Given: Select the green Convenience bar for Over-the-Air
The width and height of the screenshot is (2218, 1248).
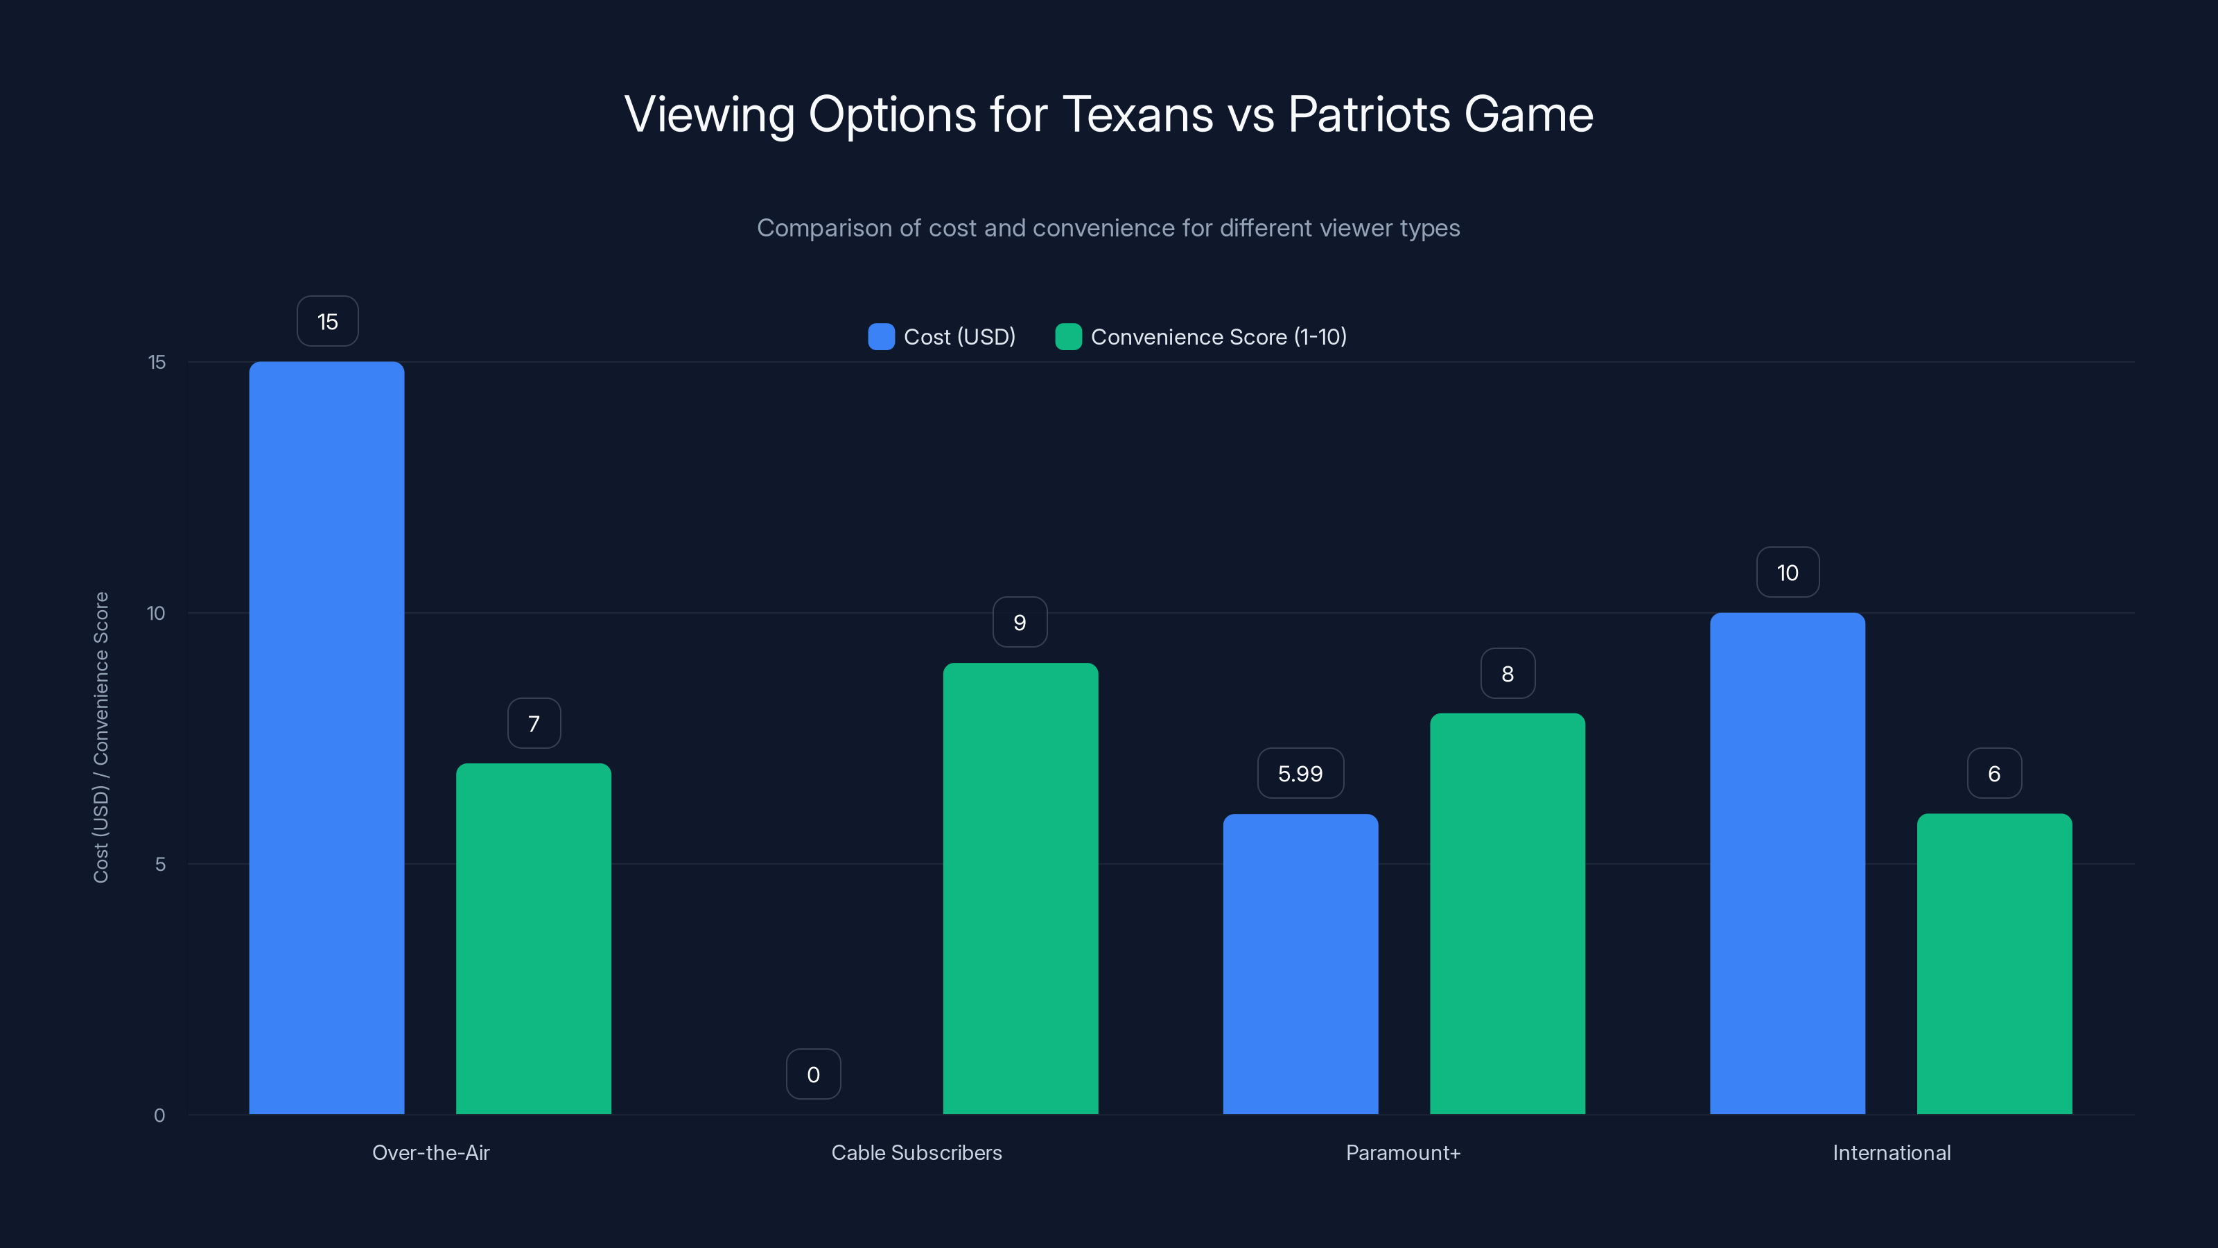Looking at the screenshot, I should pyautogui.click(x=533, y=938).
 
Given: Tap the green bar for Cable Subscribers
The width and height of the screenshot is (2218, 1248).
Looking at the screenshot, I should pyautogui.click(x=1020, y=888).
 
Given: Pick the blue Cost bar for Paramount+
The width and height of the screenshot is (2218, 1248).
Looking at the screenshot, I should pyautogui.click(x=1300, y=964).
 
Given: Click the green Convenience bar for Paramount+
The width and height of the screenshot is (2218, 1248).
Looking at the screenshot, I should pyautogui.click(x=1507, y=913).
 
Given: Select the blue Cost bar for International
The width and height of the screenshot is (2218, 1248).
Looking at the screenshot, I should pyautogui.click(x=1788, y=863).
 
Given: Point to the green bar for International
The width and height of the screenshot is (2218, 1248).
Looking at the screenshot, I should pyautogui.click(x=1994, y=964).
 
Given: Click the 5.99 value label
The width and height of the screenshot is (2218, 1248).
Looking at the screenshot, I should pyautogui.click(x=1300, y=774).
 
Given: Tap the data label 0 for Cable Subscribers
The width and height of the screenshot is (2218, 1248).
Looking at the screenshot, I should pyautogui.click(x=813, y=1074).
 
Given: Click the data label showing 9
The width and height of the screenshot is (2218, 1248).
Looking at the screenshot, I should pyautogui.click(x=1020, y=622).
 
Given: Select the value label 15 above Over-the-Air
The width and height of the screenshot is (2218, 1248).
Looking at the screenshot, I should pyautogui.click(x=327, y=321).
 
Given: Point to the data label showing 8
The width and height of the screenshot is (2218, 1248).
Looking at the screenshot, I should pyautogui.click(x=1507, y=673).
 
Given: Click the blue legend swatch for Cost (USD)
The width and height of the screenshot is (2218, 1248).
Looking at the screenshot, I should pyautogui.click(x=881, y=337).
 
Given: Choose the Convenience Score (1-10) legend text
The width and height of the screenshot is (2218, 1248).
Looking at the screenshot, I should pyautogui.click(x=1218, y=337).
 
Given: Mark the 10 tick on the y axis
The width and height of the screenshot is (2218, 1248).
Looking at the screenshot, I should pyautogui.click(x=156, y=613).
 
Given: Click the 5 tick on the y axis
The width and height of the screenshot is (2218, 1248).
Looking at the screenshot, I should pyautogui.click(x=160, y=864).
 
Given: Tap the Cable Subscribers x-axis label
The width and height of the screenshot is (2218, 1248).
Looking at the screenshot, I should pyautogui.click(x=916, y=1152).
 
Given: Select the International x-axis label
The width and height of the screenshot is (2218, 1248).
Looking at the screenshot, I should pyautogui.click(x=1891, y=1152).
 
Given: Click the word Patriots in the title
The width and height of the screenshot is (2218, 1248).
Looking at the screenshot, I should pyautogui.click(x=1368, y=114).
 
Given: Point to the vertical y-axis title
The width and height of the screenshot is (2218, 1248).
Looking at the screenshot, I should pyautogui.click(x=101, y=737).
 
